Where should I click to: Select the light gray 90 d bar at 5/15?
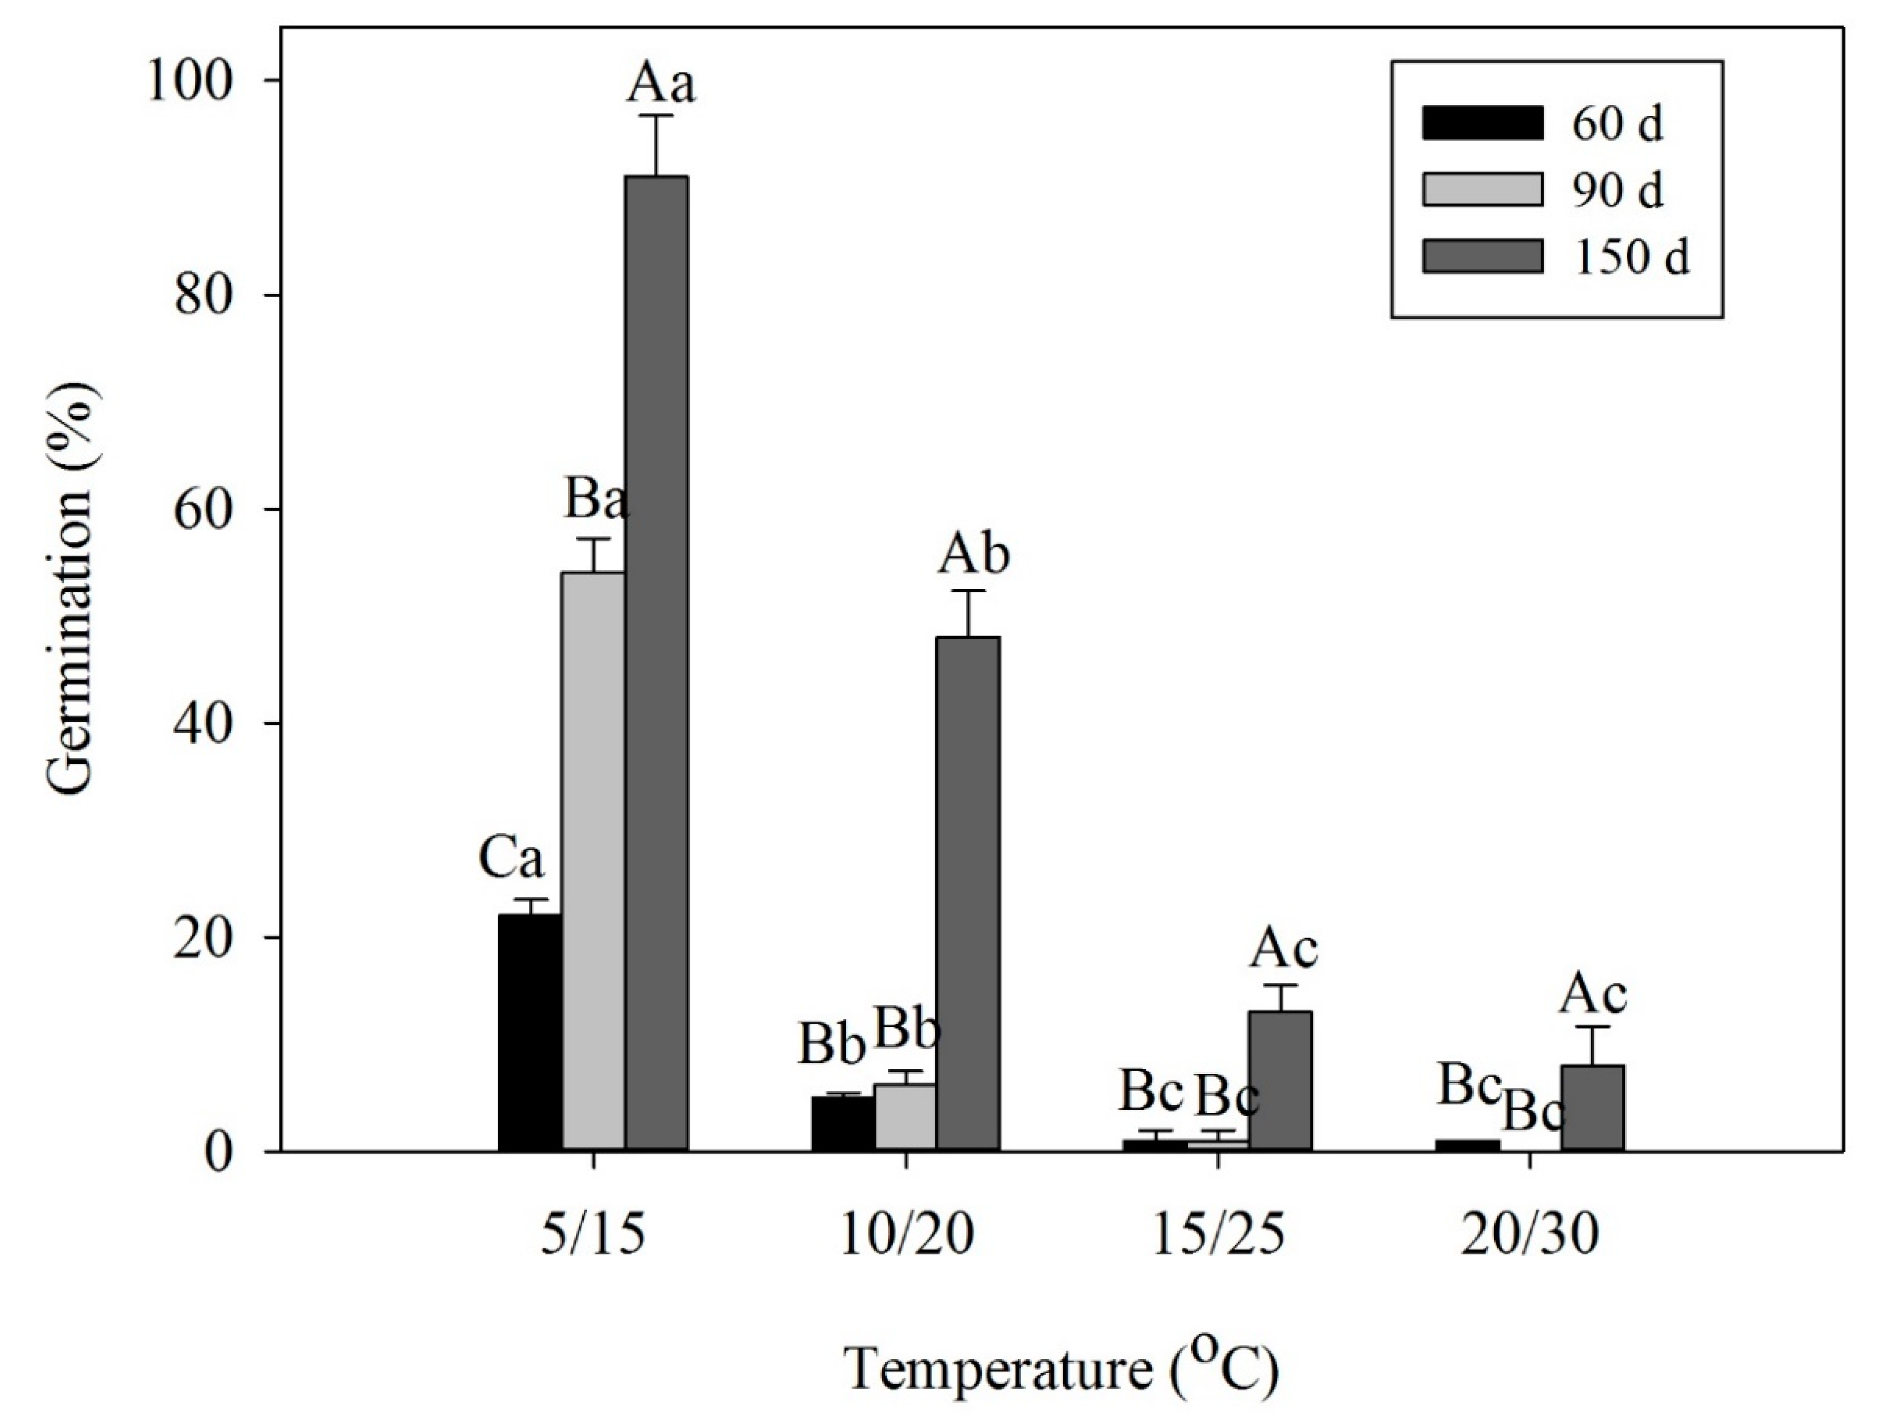[593, 861]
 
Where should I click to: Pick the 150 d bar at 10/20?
[968, 893]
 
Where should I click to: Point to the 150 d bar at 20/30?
[1593, 1108]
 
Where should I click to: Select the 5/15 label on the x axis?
[593, 1237]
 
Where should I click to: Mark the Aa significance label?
[661, 85]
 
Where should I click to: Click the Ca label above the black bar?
[511, 859]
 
